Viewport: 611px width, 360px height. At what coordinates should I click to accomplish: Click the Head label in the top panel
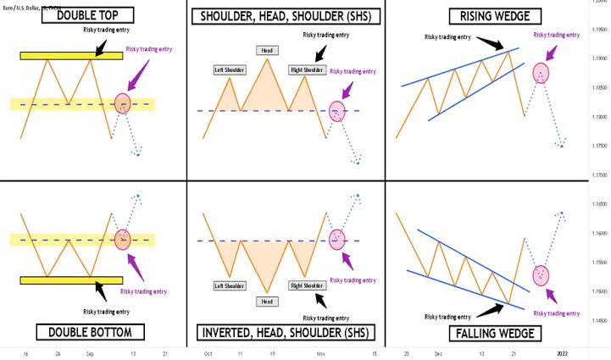[266, 51]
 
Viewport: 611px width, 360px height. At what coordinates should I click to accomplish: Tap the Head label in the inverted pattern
[266, 301]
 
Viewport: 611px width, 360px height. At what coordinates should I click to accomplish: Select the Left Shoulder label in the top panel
[230, 69]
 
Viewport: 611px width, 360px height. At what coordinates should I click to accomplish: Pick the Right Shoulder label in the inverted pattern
[307, 285]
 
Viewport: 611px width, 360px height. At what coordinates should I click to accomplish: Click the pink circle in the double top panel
[124, 104]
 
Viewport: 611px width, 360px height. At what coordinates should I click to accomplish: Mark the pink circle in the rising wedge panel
[542, 73]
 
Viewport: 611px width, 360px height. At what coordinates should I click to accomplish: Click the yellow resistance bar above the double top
[71, 55]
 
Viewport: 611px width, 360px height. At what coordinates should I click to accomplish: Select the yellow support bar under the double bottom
[71, 280]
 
